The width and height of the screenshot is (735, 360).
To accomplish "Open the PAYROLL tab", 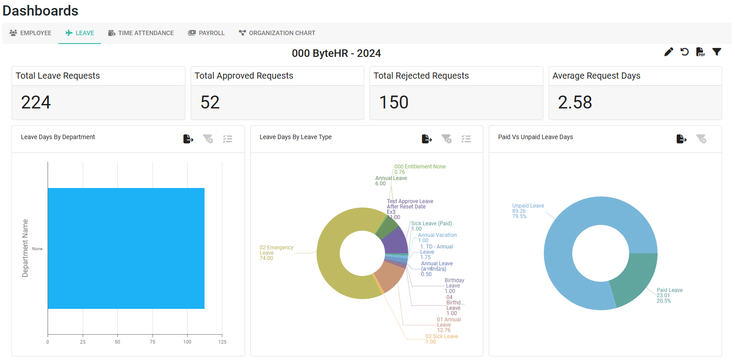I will (x=207, y=33).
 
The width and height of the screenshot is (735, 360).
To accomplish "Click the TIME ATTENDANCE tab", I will (x=141, y=33).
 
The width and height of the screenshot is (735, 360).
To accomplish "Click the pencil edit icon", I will (x=668, y=52).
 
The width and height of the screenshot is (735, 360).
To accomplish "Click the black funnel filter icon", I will (x=716, y=52).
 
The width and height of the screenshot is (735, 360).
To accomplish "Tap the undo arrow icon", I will (x=685, y=52).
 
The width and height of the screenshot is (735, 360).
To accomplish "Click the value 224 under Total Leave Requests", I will (x=36, y=102).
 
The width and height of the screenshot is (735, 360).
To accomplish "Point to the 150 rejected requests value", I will (x=394, y=102).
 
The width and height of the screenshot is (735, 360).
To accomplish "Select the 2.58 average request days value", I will (x=574, y=102).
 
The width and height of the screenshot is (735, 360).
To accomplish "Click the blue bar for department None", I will (x=126, y=248).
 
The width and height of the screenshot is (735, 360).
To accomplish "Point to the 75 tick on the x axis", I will (x=153, y=342).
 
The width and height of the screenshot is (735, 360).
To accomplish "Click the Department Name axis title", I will (x=25, y=248).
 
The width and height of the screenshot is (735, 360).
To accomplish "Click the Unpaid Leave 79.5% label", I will (x=528, y=211).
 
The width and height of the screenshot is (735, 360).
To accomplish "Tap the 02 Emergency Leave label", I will (x=276, y=253).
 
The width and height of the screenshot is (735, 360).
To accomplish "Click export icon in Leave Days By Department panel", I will (x=188, y=139).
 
